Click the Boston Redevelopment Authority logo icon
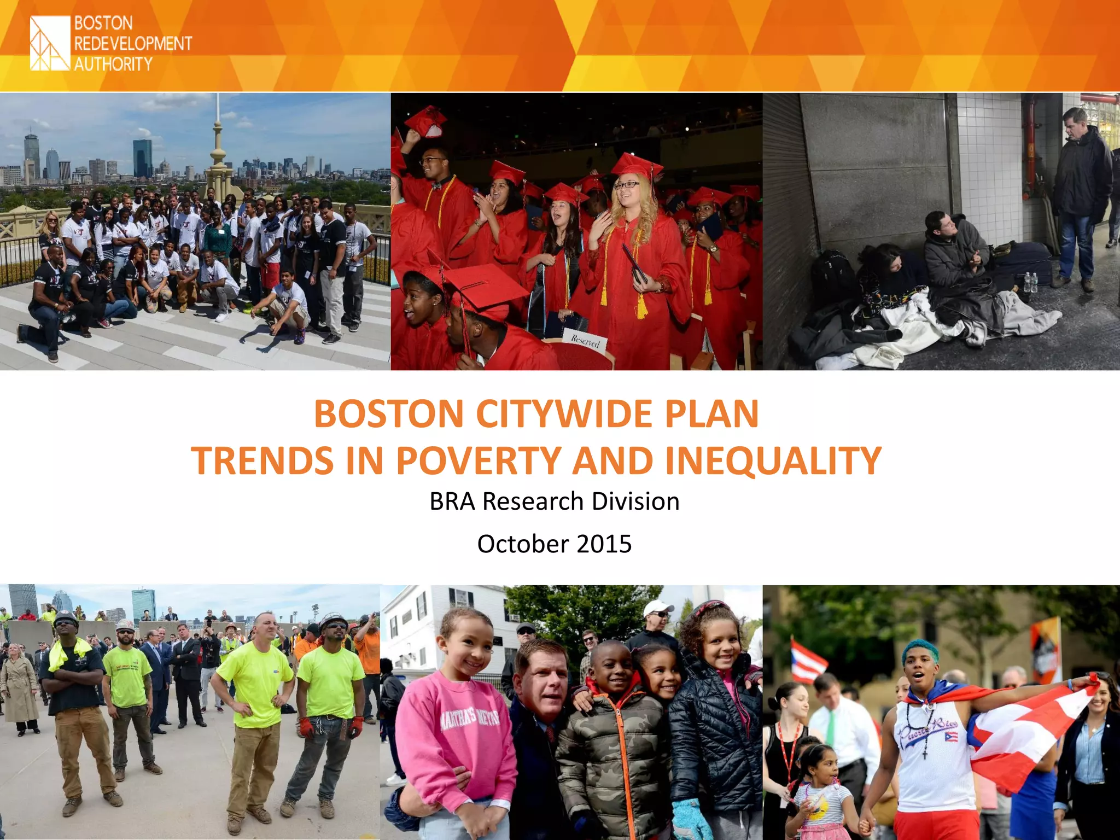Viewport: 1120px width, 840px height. pyautogui.click(x=50, y=43)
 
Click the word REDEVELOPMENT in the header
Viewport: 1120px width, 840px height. pyautogui.click(x=133, y=44)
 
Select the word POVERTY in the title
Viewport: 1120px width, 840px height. pyautogui.click(x=477, y=460)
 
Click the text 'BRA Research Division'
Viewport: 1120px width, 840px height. pyautogui.click(x=554, y=501)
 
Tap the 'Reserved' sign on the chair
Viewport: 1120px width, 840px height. pyautogui.click(x=585, y=341)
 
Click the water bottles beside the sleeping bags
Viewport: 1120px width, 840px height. pyautogui.click(x=1030, y=282)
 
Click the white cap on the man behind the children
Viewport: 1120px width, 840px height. pyautogui.click(x=657, y=608)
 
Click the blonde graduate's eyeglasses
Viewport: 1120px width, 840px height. pyautogui.click(x=626, y=185)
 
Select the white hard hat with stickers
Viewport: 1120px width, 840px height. pyautogui.click(x=125, y=625)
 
